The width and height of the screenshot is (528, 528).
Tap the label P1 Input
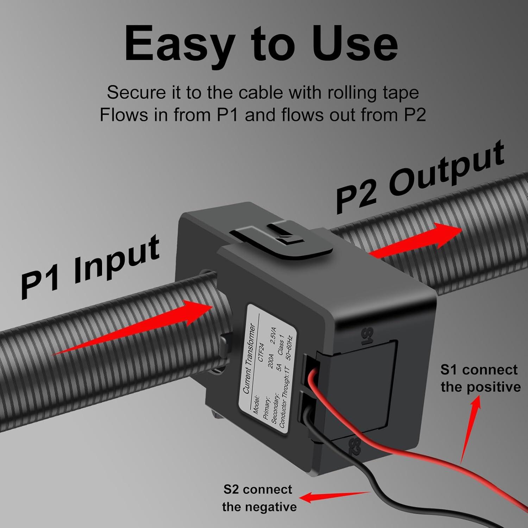pyautogui.click(x=90, y=268)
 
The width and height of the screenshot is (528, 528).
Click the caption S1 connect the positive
pyautogui.click(x=480, y=378)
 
